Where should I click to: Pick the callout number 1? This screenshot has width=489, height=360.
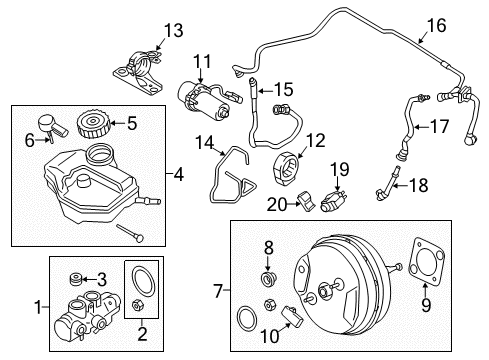(x=40, y=304)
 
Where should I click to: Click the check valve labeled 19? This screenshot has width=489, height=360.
(x=330, y=200)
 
